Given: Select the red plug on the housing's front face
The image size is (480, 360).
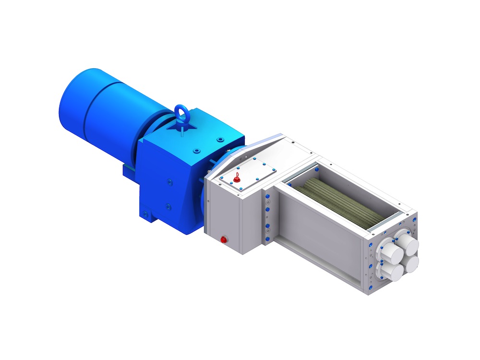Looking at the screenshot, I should tap(223, 239).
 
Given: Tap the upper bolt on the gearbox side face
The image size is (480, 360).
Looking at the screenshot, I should tap(169, 181).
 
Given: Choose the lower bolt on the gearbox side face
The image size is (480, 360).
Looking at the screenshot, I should tap(168, 206).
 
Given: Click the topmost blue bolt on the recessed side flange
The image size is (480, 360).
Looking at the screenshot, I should tap(267, 197).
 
